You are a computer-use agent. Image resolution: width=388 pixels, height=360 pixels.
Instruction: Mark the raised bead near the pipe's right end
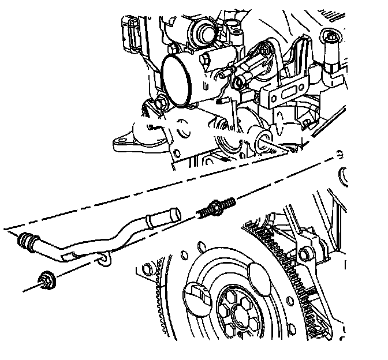click(150, 221)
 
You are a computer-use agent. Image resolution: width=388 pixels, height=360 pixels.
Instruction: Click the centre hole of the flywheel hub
click(238, 316)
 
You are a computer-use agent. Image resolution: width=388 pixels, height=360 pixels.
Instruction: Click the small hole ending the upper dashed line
click(340, 154)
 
